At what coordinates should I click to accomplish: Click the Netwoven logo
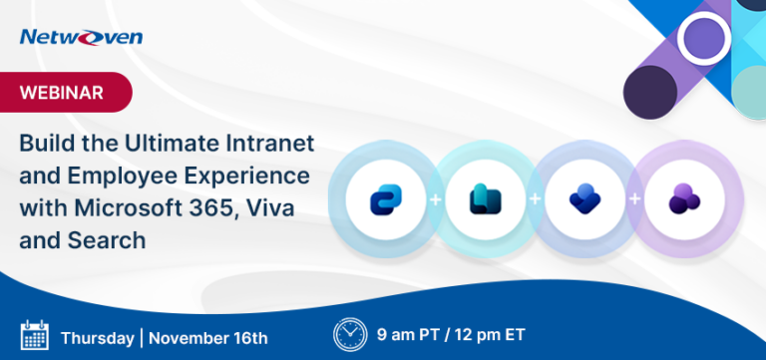81,37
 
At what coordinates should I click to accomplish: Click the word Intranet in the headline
269,143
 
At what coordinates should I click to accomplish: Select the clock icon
349,333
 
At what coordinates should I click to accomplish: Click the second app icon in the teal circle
484,199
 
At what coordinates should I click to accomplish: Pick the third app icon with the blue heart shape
582,199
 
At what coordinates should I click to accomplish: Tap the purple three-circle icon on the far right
682,199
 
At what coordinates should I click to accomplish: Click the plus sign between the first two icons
434,199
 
